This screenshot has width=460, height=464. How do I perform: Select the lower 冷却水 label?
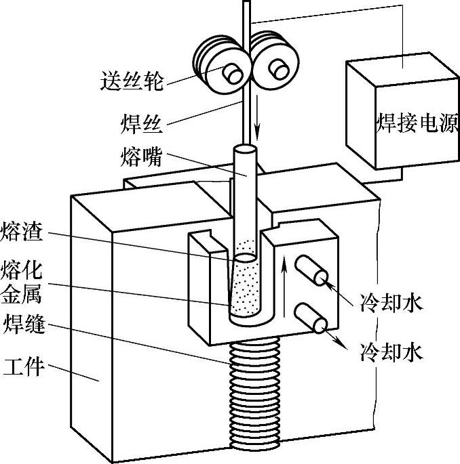pyautogui.click(x=392, y=352)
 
